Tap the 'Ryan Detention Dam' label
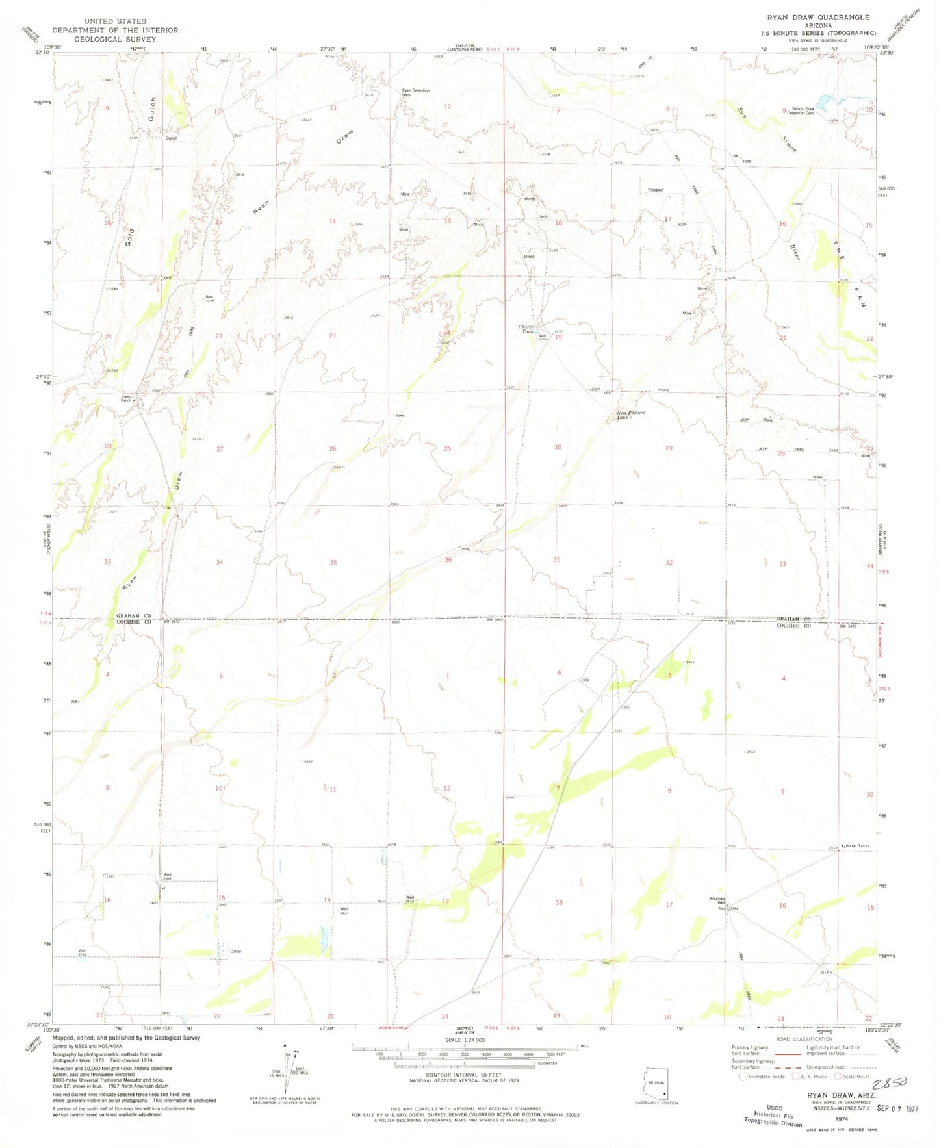pos(415,92)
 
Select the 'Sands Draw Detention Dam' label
pos(801,111)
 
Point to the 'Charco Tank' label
pos(526,329)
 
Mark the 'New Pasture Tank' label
pos(631,415)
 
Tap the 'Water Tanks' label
pos(857,845)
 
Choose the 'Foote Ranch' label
pos(126,398)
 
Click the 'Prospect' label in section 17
pos(655,190)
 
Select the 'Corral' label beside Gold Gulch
pos(171,138)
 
